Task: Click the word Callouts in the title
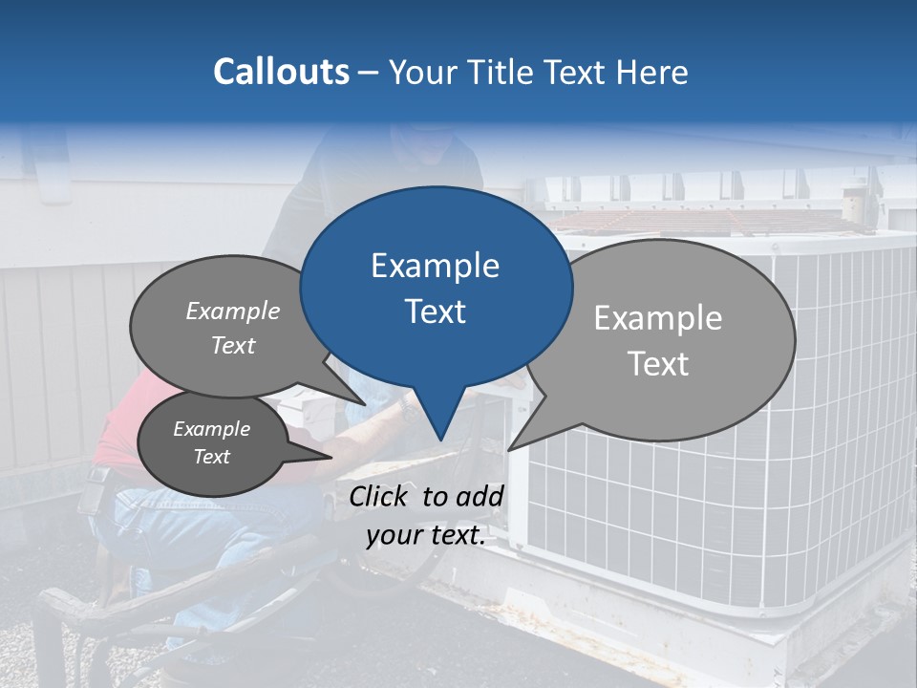(x=281, y=73)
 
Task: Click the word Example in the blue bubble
(x=435, y=266)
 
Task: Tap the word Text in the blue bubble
(x=435, y=312)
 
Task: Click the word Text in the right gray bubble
(x=659, y=364)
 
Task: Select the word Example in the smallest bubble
(x=211, y=429)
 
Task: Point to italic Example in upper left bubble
(x=233, y=311)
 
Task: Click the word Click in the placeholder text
(x=379, y=496)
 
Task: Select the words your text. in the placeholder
(x=426, y=535)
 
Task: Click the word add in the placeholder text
(x=480, y=496)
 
